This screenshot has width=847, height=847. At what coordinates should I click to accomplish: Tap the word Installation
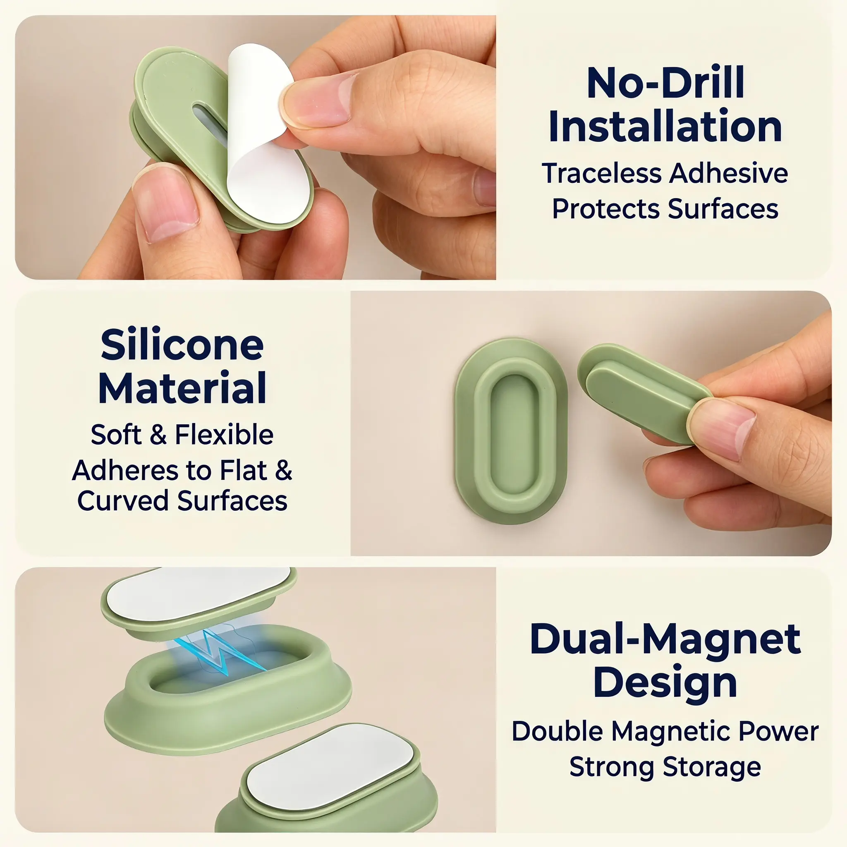point(665,126)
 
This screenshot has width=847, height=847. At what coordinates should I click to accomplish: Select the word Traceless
point(602,173)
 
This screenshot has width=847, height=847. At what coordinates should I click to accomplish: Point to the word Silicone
point(182,345)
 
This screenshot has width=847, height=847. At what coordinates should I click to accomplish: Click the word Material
point(182,388)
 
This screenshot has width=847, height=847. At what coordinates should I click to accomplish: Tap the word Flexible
point(224,435)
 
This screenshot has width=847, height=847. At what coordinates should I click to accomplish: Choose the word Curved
point(123,501)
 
